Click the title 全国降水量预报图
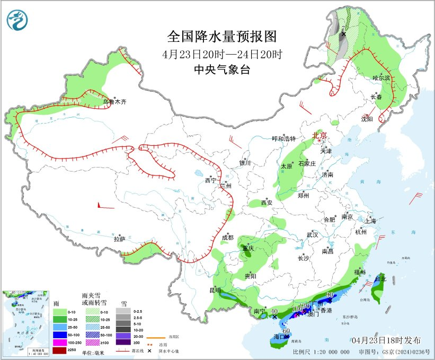(222, 37)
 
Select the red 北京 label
(319, 135)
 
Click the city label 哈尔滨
(381, 78)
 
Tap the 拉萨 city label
(119, 239)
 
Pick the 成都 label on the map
(227, 237)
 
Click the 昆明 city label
(215, 290)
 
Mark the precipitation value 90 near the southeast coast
(330, 295)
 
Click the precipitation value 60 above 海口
(286, 331)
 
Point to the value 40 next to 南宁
(274, 312)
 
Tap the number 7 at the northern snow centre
(343, 28)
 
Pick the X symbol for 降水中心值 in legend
(150, 350)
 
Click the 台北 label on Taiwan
(380, 278)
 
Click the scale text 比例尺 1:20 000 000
(321, 352)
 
